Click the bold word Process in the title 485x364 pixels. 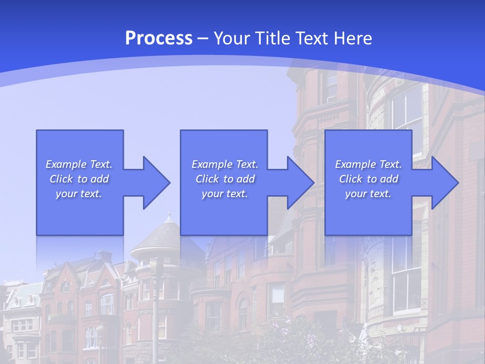[x=159, y=38]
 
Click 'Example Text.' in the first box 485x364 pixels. [x=79, y=164]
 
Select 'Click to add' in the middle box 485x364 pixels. [x=225, y=179]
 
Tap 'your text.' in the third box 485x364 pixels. [x=368, y=194]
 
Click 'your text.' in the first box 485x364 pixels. [x=79, y=194]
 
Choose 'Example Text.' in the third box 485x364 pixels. [x=368, y=164]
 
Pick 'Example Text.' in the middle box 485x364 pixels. [x=225, y=164]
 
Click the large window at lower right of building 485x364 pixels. [x=407, y=288]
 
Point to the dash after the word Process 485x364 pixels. [x=203, y=38]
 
